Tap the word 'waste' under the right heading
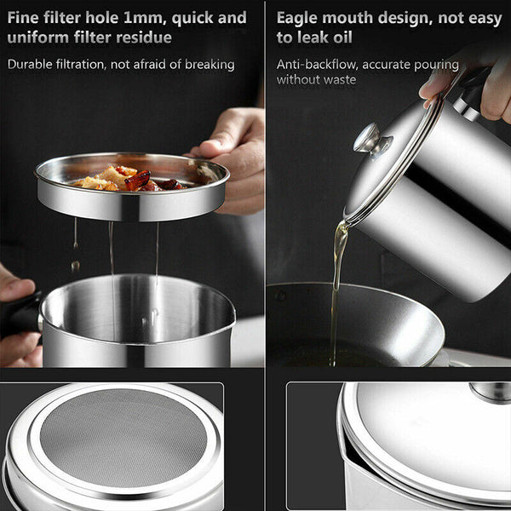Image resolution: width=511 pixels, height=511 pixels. point(336,80)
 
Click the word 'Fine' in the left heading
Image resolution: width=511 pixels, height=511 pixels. point(26,18)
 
